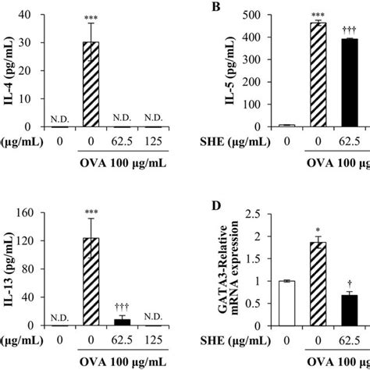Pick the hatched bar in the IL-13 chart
[x=115, y=281]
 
